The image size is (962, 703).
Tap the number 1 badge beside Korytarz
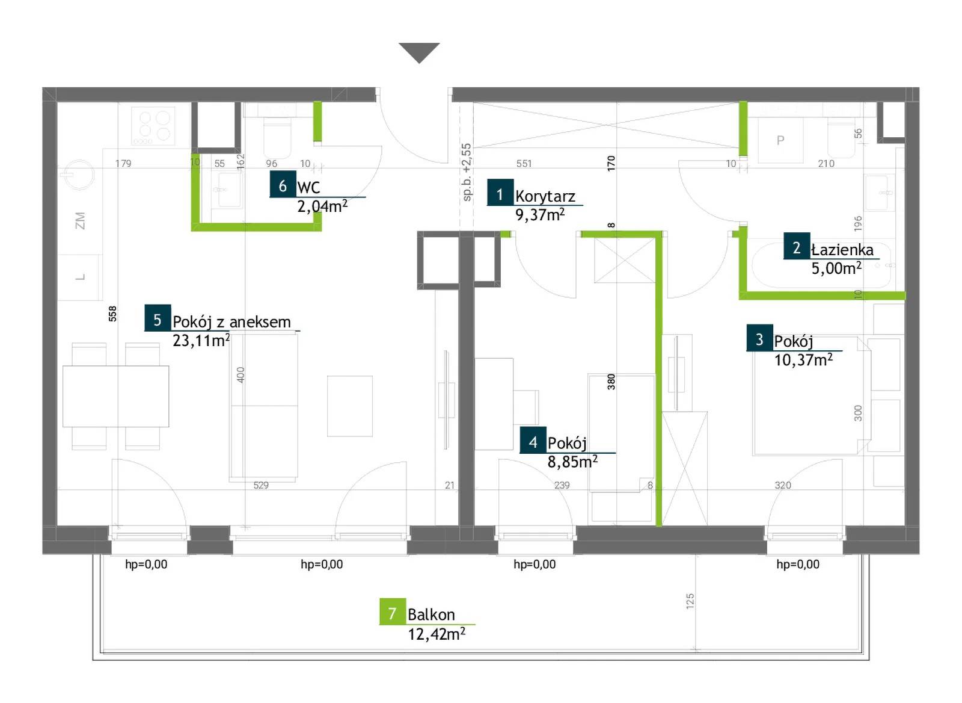500,192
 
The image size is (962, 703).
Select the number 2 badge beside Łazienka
797,246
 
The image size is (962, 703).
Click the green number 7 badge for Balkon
393,612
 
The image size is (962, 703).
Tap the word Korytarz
545,196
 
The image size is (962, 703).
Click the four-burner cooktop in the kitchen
153,126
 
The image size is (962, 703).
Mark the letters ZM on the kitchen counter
80,220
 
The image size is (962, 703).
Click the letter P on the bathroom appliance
780,140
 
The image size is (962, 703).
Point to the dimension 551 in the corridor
524,163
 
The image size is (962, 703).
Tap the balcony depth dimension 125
690,601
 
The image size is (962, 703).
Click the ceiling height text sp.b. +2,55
467,172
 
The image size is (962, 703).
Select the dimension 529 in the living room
261,486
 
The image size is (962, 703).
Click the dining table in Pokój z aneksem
115,397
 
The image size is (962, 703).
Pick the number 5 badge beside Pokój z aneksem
158,318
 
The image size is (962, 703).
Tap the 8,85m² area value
572,462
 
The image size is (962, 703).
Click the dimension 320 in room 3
782,486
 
